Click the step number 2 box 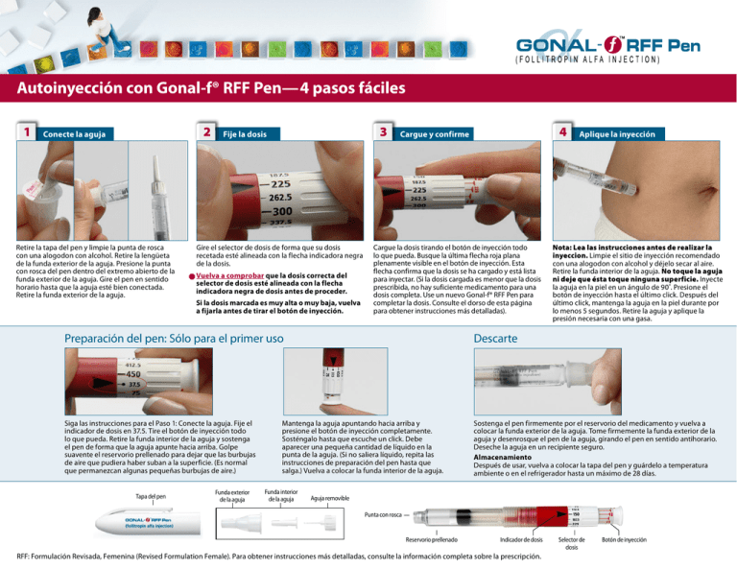click(x=205, y=130)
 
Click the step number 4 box click(x=567, y=130)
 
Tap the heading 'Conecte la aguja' click(x=75, y=134)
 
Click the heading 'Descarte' click(x=495, y=339)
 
